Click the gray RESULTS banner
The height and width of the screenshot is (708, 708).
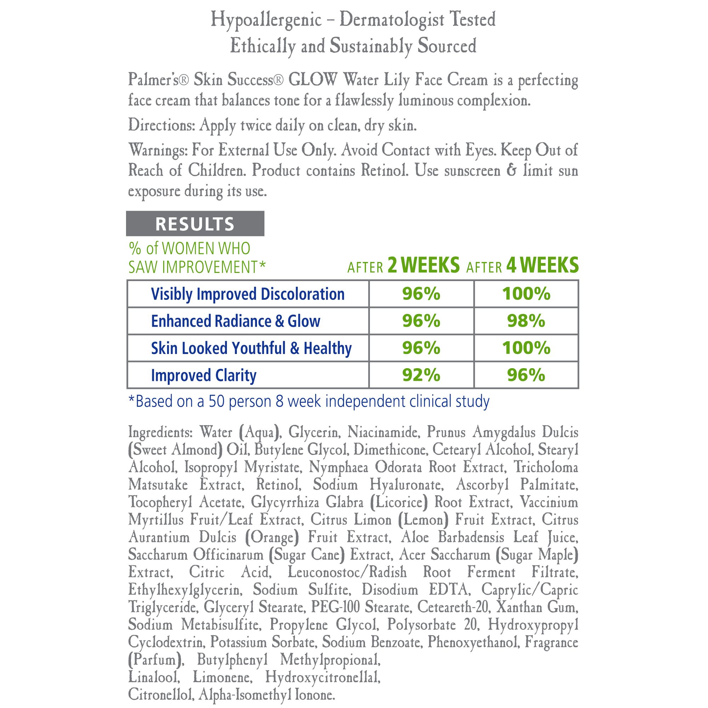click(195, 223)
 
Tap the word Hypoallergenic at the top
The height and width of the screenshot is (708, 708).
click(266, 20)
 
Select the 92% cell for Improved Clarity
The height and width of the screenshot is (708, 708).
click(421, 375)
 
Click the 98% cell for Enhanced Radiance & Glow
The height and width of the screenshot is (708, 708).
click(526, 321)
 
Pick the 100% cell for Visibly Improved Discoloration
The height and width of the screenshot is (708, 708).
click(526, 293)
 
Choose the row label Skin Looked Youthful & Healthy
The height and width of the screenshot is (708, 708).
click(251, 348)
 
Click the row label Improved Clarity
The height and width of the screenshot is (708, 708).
click(204, 375)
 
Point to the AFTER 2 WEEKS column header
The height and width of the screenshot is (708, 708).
click(403, 265)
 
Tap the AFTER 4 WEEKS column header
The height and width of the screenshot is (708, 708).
click(522, 265)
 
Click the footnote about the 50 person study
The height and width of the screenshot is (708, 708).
click(309, 401)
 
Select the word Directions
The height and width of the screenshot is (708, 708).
click(161, 125)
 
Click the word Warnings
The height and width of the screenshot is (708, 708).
click(158, 150)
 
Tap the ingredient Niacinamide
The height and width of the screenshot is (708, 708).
click(383, 432)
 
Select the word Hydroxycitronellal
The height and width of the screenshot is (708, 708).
click(323, 677)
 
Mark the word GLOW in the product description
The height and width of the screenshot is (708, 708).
click(312, 80)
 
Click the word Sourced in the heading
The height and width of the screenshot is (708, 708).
click(447, 46)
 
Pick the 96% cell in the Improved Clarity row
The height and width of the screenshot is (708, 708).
click(526, 375)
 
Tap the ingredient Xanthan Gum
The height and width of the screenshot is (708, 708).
click(537, 607)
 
